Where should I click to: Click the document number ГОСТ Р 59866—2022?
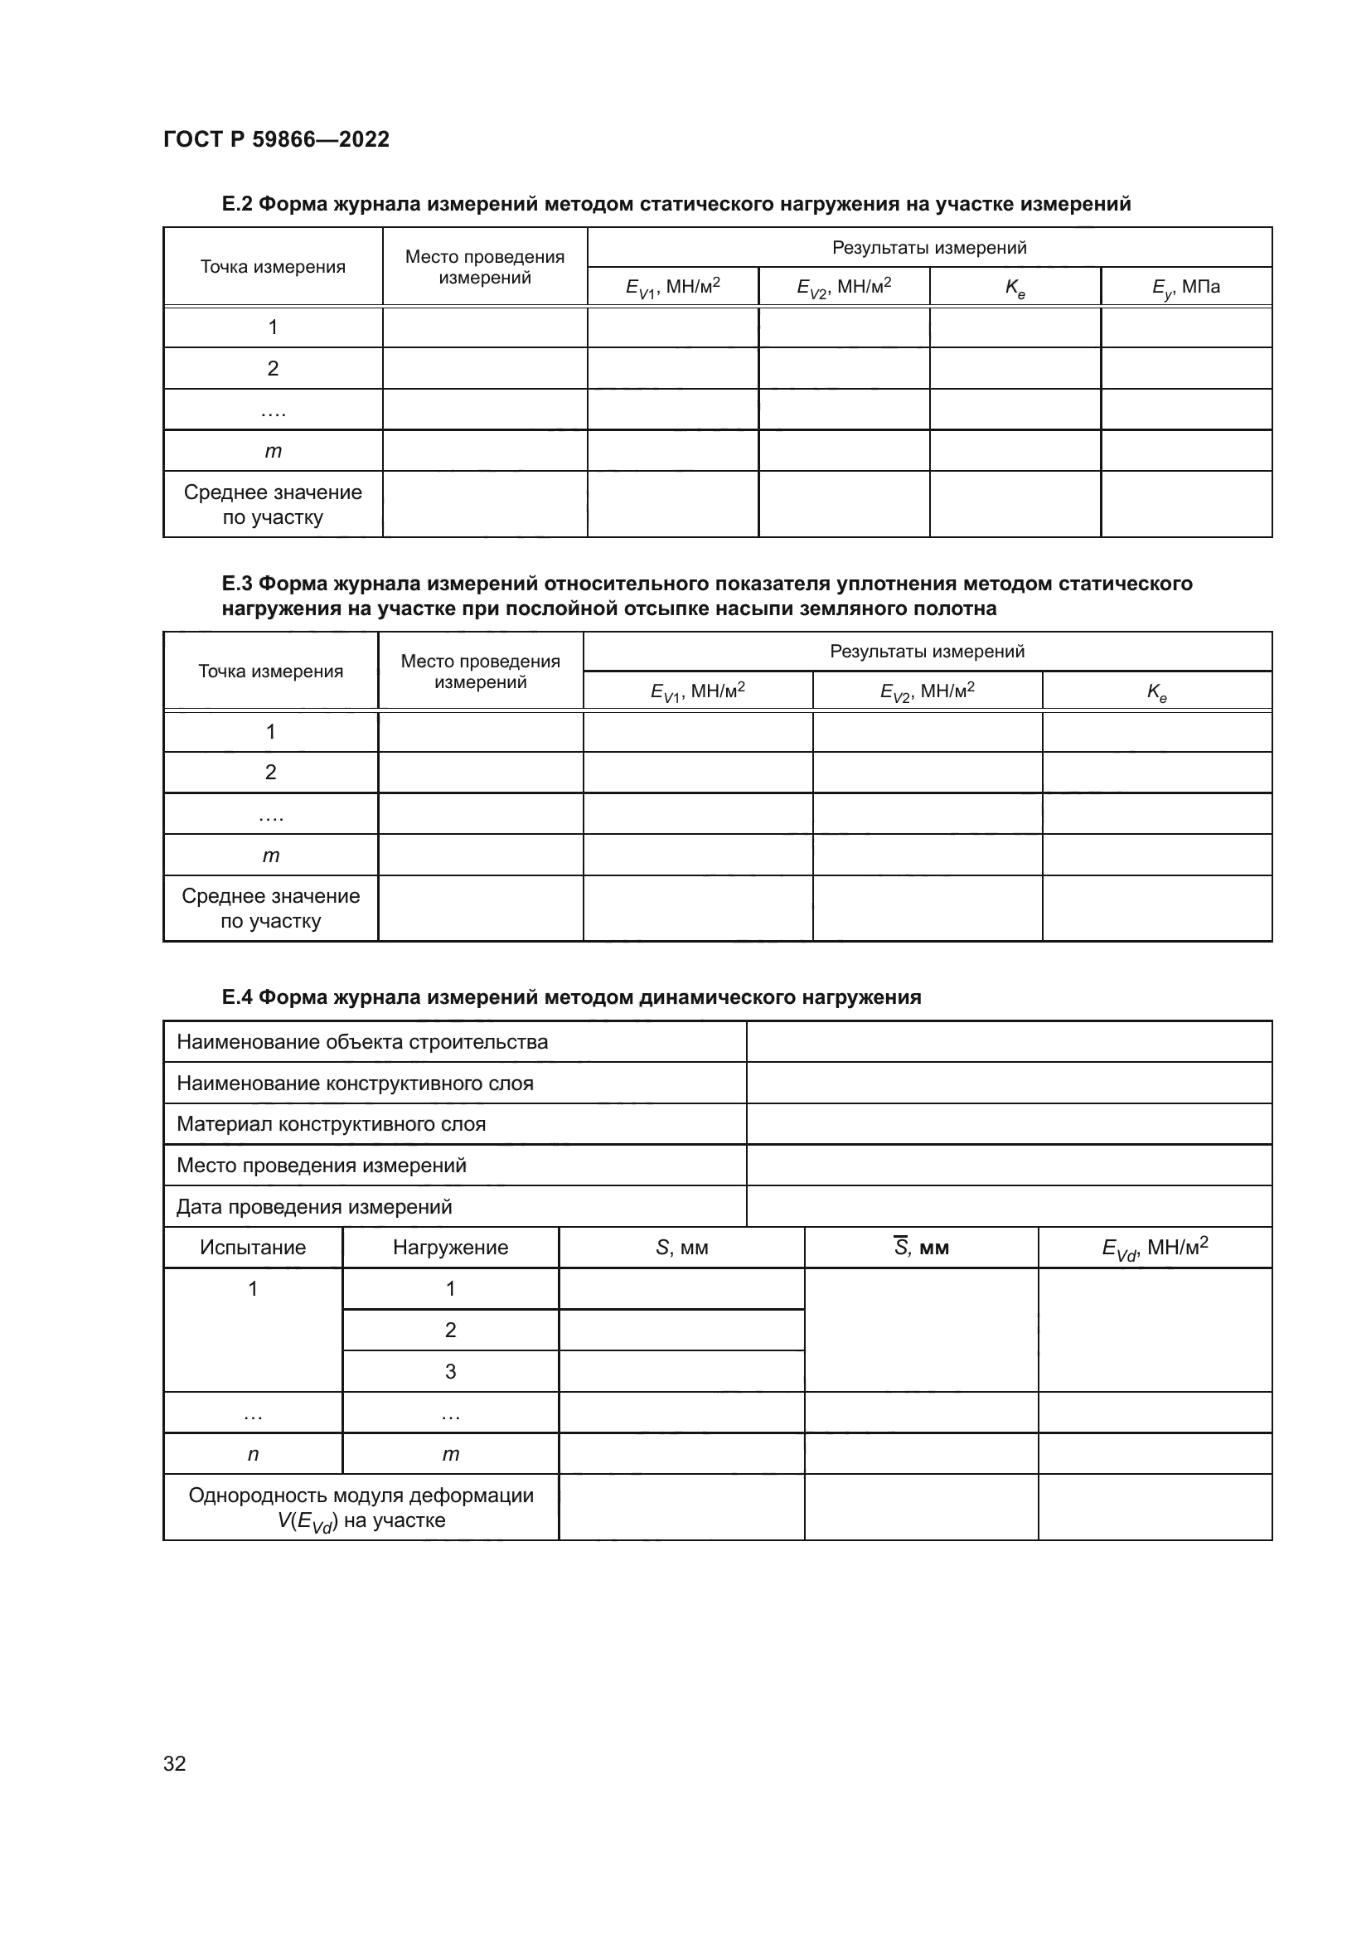[276, 139]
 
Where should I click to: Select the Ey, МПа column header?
[1185, 287]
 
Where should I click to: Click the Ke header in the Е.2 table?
[1015, 287]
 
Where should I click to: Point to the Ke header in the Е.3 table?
[1156, 691]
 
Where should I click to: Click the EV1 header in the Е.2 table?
[672, 287]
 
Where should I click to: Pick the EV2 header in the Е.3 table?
[927, 691]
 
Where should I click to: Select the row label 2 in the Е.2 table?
[273, 368]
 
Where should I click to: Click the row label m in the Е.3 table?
[270, 856]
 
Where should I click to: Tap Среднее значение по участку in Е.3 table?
[270, 908]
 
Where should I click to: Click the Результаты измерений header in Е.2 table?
[928, 247]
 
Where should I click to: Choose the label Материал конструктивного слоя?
[331, 1124]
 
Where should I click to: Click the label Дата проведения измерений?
[314, 1207]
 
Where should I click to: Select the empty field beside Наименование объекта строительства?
[1009, 1042]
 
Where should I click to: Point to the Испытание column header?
[253, 1248]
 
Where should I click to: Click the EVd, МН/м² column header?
[1154, 1248]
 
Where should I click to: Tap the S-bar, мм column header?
[921, 1248]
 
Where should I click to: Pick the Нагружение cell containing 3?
[450, 1371]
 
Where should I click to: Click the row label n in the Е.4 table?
[253, 1454]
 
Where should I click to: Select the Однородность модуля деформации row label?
[361, 1507]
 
